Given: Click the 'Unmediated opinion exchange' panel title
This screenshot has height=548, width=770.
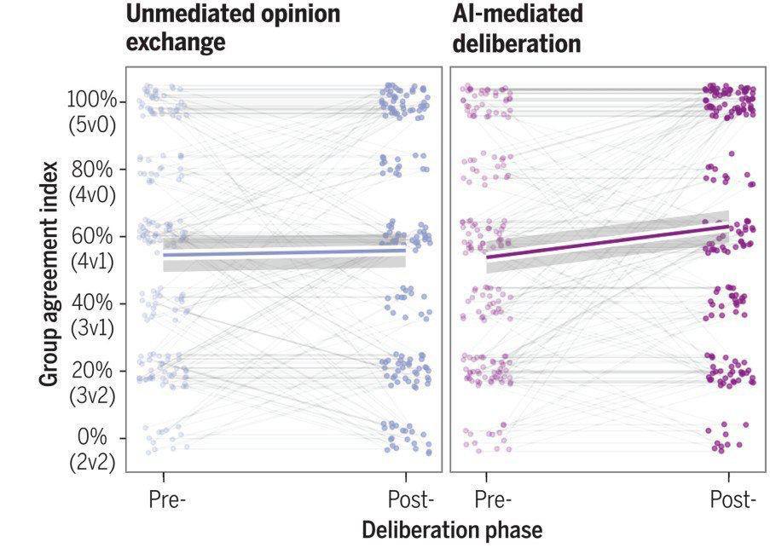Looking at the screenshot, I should point(233,27).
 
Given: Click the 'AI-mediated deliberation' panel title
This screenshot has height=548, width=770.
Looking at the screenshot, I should point(518,27).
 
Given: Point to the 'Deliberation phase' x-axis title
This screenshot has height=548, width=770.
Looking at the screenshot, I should point(452,530).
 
